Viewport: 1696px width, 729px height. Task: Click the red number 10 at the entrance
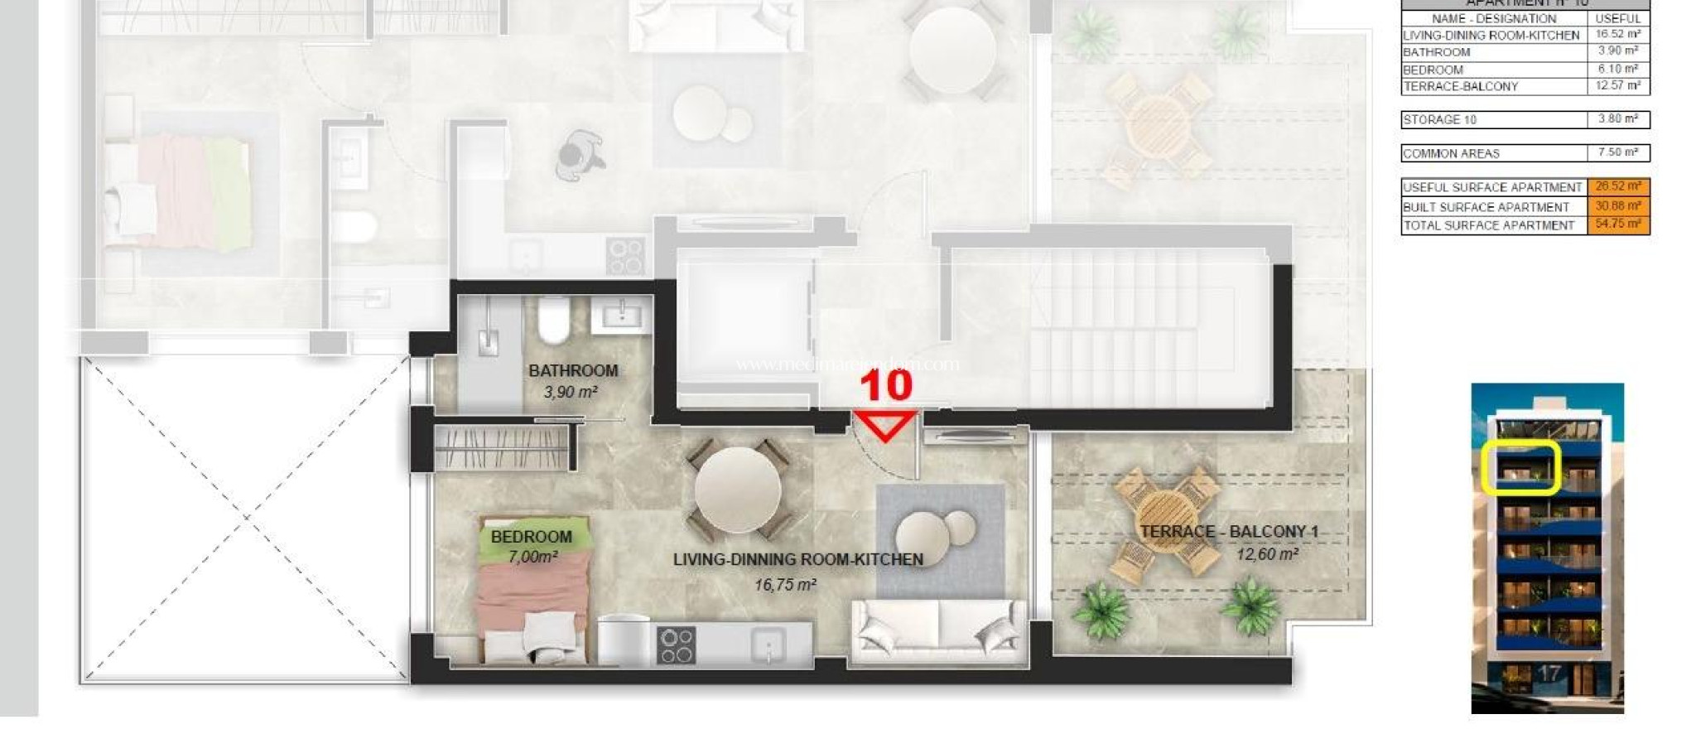886,385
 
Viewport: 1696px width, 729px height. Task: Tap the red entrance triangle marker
885,424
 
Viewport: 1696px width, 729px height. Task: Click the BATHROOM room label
573,370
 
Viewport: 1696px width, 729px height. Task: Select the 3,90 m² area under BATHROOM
571,392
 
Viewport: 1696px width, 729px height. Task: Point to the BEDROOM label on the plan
531,537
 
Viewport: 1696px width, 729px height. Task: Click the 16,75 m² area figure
785,585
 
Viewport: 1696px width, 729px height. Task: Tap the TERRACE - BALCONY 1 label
1229,532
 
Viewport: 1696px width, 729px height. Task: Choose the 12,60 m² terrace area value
1267,553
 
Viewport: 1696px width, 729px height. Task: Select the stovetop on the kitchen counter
675,645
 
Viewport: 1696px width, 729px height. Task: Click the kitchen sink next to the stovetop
769,645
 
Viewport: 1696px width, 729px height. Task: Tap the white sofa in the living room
938,631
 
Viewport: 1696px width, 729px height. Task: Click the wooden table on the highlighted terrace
1166,521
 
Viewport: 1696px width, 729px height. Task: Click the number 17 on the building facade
1549,674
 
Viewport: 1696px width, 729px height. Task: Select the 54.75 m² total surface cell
1618,224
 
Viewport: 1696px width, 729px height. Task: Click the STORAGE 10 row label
1440,120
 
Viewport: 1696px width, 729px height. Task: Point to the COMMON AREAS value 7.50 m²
1618,152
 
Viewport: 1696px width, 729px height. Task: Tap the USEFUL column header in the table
1617,18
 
